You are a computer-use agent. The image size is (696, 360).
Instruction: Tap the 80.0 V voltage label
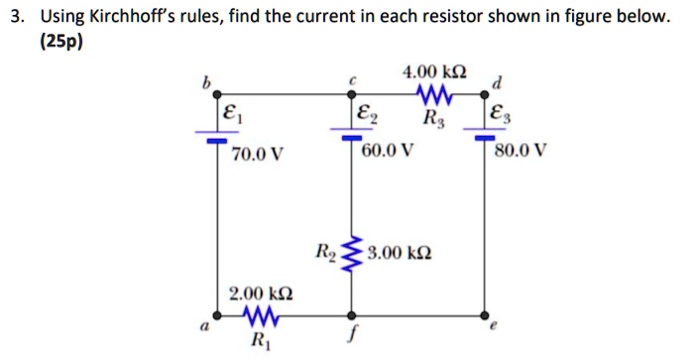point(519,154)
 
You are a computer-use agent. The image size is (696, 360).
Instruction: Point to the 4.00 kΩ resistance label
point(434,72)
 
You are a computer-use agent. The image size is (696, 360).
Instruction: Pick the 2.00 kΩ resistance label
point(260,295)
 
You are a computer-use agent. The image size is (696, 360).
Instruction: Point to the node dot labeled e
point(484,320)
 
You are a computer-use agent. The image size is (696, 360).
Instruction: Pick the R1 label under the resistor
point(259,343)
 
